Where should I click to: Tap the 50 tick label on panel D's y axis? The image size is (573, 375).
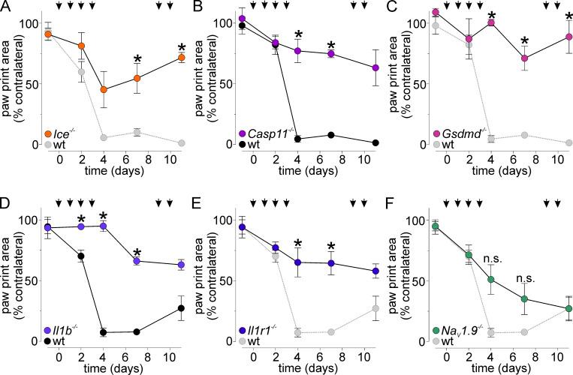[32, 280]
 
